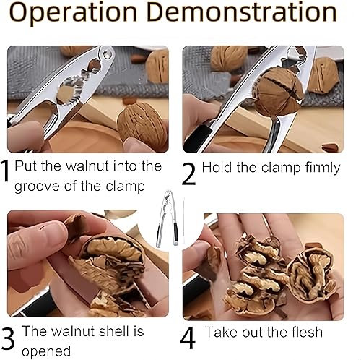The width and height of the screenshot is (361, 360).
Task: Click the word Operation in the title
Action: [73, 13]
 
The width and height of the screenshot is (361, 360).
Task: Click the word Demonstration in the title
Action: [242, 12]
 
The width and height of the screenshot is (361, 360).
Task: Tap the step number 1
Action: [5, 171]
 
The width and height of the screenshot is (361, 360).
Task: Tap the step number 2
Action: [188, 173]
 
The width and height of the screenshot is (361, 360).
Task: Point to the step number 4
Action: [188, 338]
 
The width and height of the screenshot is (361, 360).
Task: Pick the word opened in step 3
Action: [46, 351]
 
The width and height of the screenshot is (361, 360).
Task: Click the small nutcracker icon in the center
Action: [168, 219]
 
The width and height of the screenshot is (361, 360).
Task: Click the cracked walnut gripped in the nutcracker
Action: [279, 92]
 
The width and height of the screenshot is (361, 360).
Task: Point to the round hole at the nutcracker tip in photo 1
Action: [107, 54]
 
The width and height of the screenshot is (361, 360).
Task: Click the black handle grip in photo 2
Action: [197, 138]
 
